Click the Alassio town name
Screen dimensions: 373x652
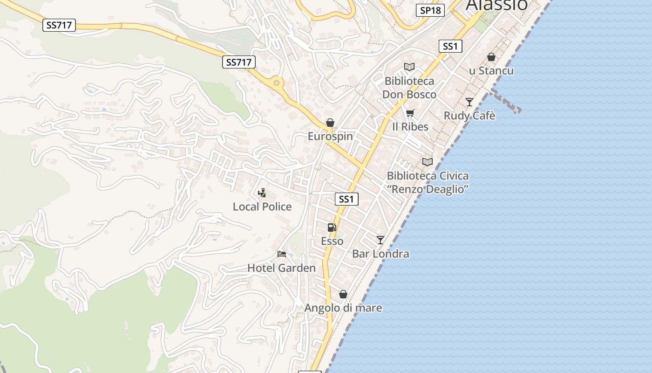(x=496, y=5)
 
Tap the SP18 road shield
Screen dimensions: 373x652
(x=430, y=10)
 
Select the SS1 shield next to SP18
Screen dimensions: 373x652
(x=450, y=46)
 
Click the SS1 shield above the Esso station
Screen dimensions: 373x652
(x=346, y=199)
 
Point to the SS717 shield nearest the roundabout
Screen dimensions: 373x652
(x=239, y=62)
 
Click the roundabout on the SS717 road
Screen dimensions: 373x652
(x=277, y=83)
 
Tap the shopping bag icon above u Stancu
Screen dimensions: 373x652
(x=491, y=57)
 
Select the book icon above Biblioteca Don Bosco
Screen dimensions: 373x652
(x=409, y=67)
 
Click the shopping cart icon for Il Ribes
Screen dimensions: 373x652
(x=410, y=113)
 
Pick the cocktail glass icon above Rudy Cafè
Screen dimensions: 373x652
(x=469, y=102)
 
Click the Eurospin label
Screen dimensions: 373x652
(x=330, y=137)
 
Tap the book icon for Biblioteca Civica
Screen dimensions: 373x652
(x=427, y=162)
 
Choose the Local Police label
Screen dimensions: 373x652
(x=262, y=207)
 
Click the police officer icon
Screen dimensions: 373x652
(x=262, y=193)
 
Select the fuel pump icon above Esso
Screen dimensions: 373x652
(x=332, y=228)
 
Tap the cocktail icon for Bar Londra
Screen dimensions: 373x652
(x=380, y=240)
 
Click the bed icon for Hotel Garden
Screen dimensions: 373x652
(x=281, y=254)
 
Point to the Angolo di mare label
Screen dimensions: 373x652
(x=343, y=308)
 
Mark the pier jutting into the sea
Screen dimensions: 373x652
(x=505, y=101)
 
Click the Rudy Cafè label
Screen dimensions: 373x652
(x=469, y=116)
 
